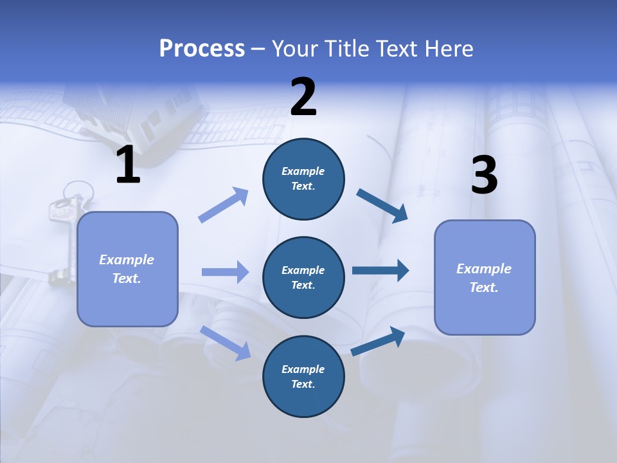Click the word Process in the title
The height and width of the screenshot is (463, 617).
click(x=202, y=49)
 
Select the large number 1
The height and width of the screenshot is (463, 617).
click(x=128, y=165)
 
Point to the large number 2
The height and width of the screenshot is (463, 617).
click(x=303, y=97)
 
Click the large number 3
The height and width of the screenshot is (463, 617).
click(x=484, y=176)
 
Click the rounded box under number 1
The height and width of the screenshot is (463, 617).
click(x=127, y=269)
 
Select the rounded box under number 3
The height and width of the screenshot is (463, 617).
click(x=485, y=277)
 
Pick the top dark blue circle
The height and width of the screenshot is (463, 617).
click(x=303, y=179)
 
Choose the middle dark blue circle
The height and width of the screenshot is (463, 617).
click(x=303, y=277)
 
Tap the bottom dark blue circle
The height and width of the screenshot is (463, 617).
click(x=303, y=376)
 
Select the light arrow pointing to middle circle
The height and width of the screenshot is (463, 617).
click(x=225, y=272)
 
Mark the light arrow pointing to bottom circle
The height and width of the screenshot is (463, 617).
click(x=225, y=342)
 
